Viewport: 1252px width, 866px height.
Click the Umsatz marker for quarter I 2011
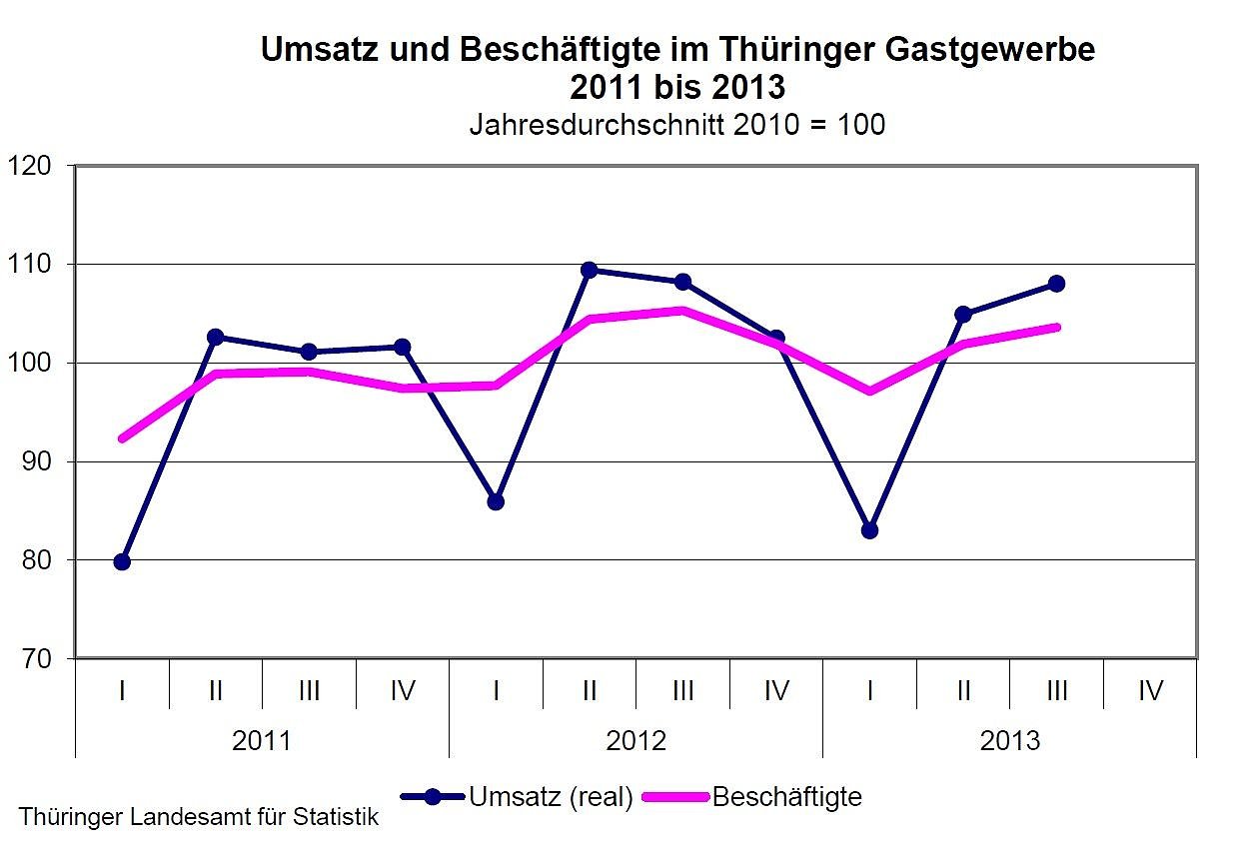(122, 561)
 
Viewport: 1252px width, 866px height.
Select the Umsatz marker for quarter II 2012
(590, 270)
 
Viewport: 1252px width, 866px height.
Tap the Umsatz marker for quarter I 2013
(869, 530)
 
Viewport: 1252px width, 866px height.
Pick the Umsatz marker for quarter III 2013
(1057, 284)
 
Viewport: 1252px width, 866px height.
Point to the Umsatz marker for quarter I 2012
(496, 501)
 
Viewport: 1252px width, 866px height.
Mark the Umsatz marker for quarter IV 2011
(402, 347)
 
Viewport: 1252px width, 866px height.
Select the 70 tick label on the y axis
(35, 659)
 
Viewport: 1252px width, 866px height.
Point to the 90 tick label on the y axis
(35, 461)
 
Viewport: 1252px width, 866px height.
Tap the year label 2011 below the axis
(262, 741)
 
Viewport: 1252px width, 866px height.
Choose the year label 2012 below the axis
(635, 741)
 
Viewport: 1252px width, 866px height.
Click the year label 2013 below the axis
(1010, 741)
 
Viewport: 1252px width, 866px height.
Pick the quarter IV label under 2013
(1150, 690)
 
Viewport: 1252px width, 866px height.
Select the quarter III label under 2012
(683, 690)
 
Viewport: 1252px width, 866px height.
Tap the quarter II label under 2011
(215, 690)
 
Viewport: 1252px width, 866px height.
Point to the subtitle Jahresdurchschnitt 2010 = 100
(677, 126)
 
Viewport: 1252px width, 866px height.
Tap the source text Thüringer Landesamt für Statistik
(200, 817)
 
